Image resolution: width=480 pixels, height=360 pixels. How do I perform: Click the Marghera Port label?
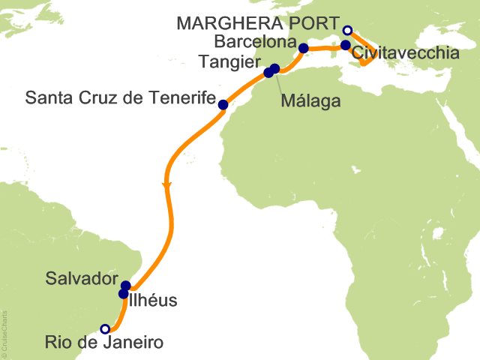click(x=258, y=22)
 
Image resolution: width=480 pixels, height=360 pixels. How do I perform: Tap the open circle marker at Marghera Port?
click(x=347, y=30)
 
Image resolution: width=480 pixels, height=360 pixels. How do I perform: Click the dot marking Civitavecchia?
click(x=345, y=45)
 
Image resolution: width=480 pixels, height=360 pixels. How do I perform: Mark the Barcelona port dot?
click(x=303, y=49)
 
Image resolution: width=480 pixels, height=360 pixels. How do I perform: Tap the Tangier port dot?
click(x=268, y=73)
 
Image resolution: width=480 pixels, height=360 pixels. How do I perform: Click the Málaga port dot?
click(x=275, y=69)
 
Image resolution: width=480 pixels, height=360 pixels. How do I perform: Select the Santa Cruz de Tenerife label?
click(x=120, y=98)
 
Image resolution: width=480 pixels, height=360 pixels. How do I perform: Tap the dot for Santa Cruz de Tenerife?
click(x=223, y=105)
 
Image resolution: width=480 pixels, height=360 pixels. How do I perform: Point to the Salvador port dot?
click(x=126, y=286)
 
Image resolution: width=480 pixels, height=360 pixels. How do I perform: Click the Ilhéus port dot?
click(x=124, y=294)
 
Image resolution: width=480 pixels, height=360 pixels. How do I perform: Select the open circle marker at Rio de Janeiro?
click(x=105, y=328)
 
